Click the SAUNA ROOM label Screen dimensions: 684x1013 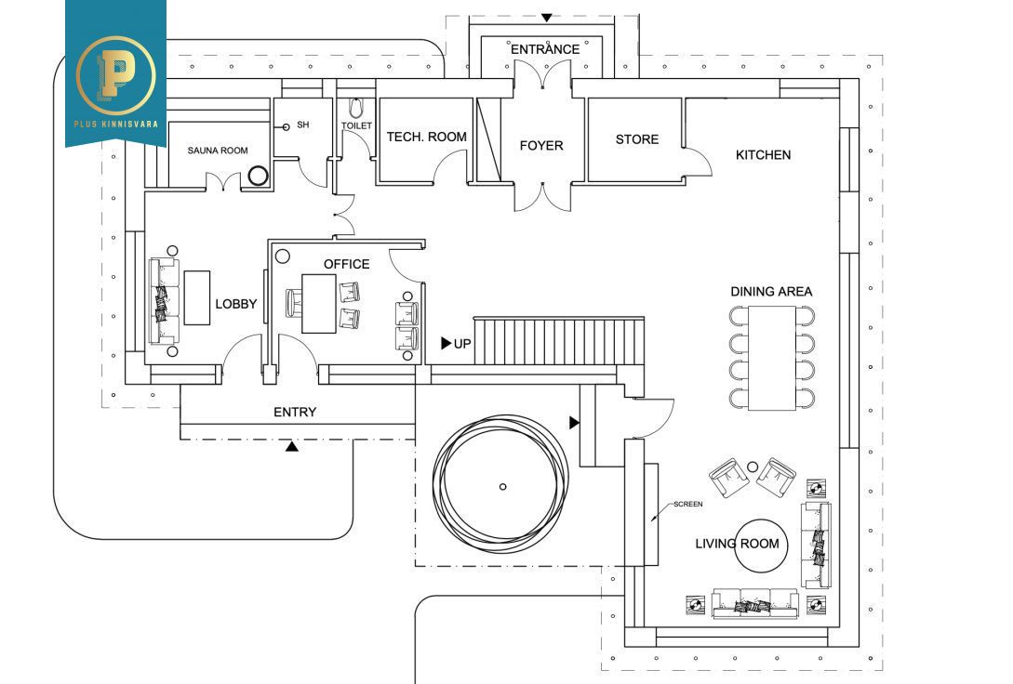click(x=218, y=151)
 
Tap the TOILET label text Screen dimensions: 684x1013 click(x=356, y=125)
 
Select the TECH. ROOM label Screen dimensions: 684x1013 click(x=427, y=137)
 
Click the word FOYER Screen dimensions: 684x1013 click(x=541, y=145)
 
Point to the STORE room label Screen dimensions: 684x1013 click(x=637, y=139)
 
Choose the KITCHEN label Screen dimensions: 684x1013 click(x=763, y=155)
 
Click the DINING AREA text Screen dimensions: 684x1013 click(x=771, y=292)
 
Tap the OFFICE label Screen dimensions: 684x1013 click(x=346, y=264)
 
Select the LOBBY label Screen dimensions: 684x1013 click(x=236, y=304)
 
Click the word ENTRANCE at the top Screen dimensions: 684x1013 click(x=545, y=49)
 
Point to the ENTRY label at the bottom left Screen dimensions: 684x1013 click(x=295, y=412)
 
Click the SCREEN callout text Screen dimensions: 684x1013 click(x=688, y=504)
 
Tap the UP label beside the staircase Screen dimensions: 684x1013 click(x=462, y=344)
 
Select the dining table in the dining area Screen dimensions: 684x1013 click(x=771, y=357)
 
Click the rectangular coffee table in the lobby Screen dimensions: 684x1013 click(x=196, y=297)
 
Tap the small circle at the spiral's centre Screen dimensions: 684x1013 click(x=503, y=486)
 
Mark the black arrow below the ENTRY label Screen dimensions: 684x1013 click(x=292, y=447)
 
